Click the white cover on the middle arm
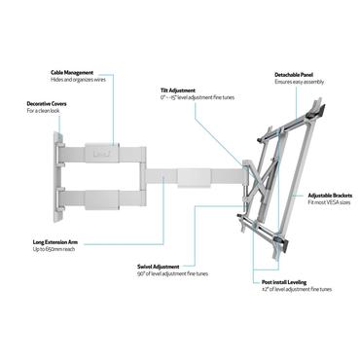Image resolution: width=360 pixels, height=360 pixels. (196, 177)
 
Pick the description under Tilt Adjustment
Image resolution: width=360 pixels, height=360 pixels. (190, 97)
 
